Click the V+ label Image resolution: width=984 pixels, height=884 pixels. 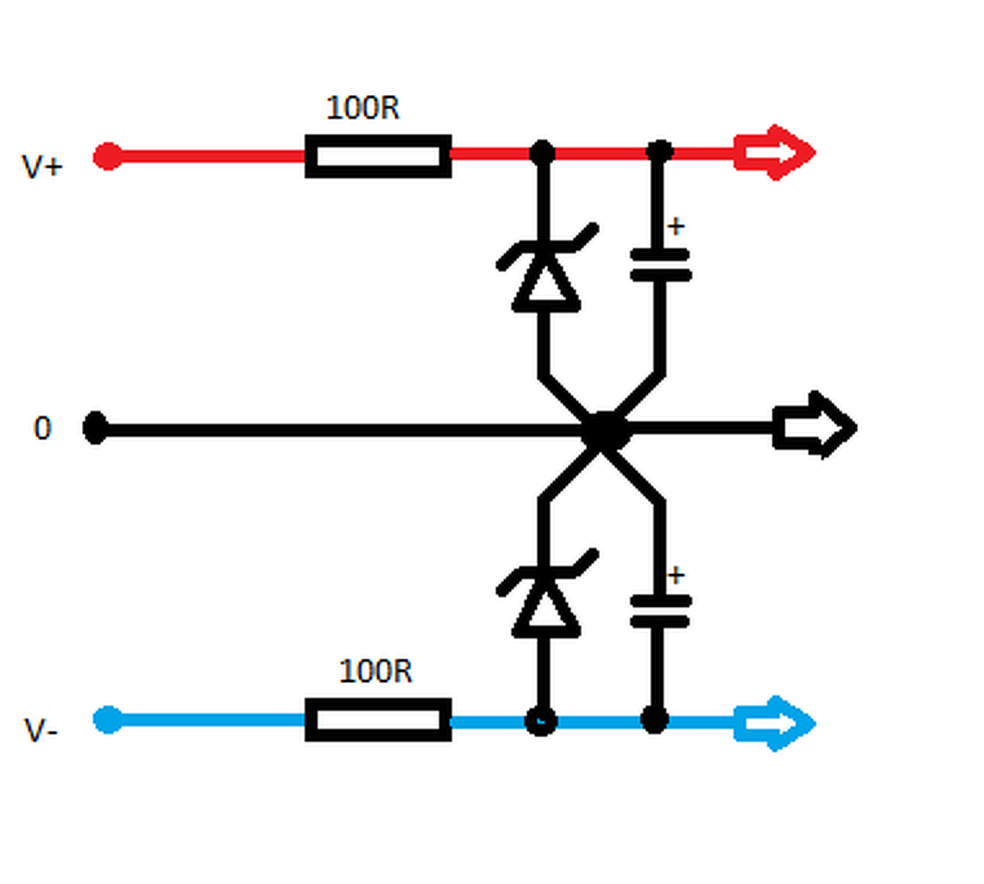41,166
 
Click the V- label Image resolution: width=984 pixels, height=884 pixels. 41,730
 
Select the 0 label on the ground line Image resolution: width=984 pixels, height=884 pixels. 42,428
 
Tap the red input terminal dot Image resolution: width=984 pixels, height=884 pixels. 108,156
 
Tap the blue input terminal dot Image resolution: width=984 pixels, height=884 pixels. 108,719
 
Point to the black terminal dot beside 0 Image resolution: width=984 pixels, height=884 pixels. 95,428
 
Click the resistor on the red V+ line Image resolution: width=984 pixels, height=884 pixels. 378,156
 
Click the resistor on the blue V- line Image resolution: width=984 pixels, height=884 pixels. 378,720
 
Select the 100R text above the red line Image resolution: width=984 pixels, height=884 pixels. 363,108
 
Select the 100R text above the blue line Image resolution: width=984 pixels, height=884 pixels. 375,671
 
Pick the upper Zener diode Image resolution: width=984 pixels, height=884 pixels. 546,272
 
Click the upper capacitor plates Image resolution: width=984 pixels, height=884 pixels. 660,265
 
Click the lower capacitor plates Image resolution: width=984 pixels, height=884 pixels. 660,610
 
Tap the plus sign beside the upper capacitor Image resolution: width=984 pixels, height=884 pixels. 676,227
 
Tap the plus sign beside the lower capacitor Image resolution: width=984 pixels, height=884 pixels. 676,575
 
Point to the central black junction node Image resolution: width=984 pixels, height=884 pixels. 604,430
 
